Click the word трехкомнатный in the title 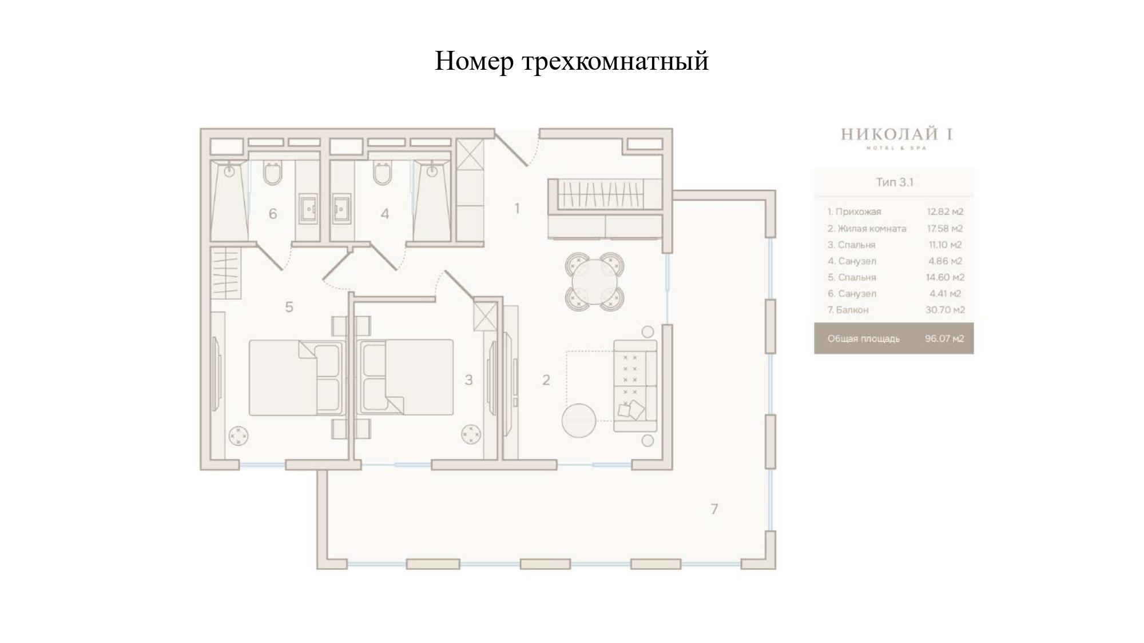click(x=615, y=61)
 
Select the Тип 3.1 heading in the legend click(x=895, y=182)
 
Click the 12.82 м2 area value click(x=945, y=211)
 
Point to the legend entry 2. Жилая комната click(x=867, y=229)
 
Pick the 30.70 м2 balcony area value click(x=945, y=310)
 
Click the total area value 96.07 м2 click(x=944, y=338)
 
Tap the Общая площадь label click(x=863, y=339)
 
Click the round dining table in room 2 click(x=595, y=282)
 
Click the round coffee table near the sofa click(x=579, y=421)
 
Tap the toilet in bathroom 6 click(x=272, y=173)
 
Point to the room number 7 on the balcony click(x=714, y=509)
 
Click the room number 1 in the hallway click(x=517, y=209)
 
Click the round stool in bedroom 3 click(x=471, y=434)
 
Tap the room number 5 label click(x=289, y=307)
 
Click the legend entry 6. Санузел click(x=852, y=294)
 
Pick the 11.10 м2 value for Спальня click(x=945, y=245)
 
